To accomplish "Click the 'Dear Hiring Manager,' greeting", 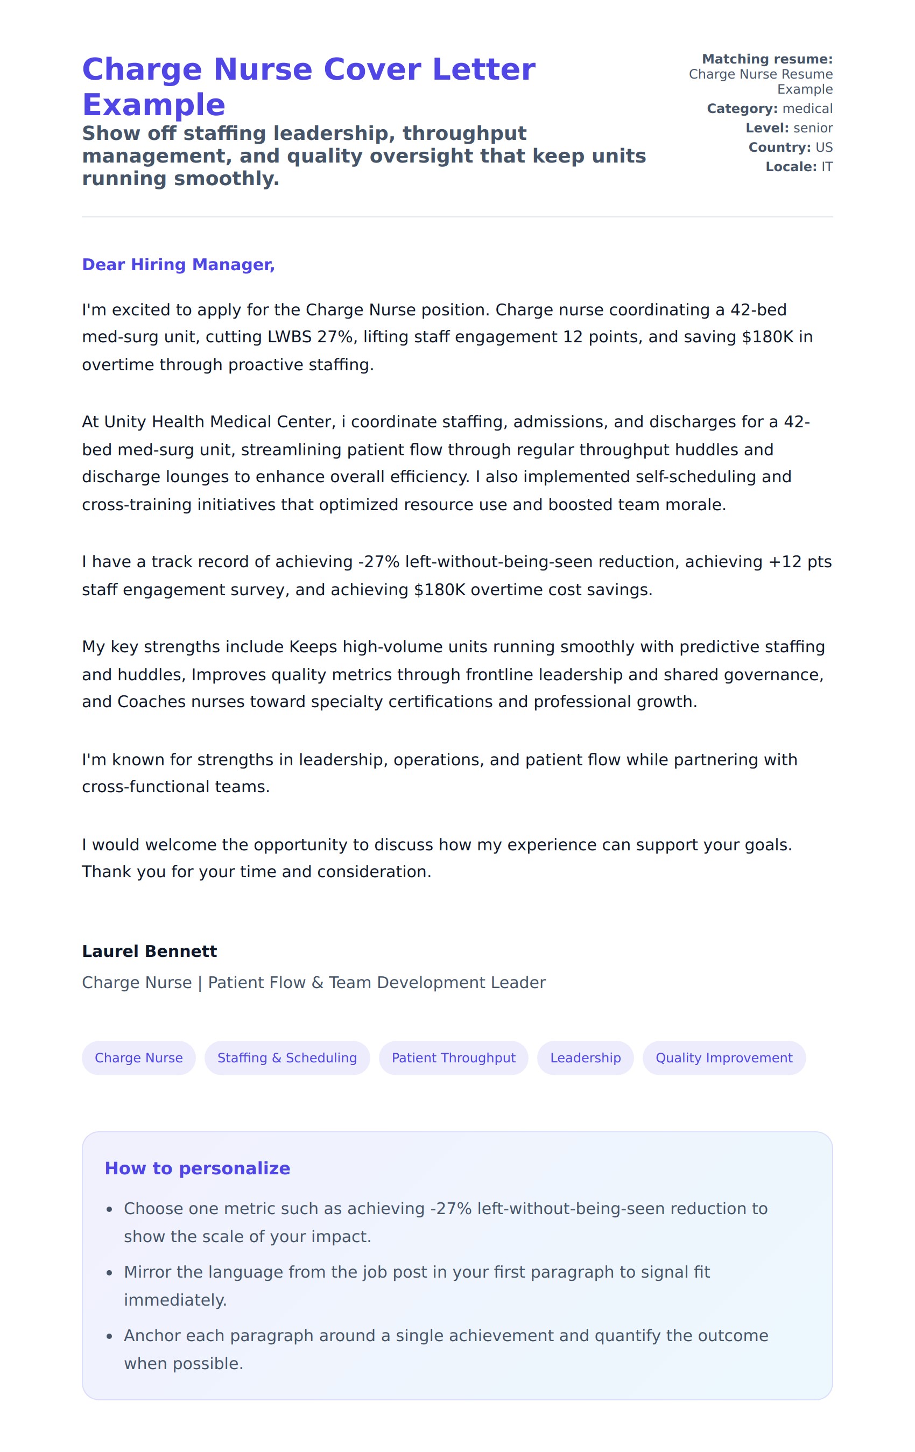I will coord(178,265).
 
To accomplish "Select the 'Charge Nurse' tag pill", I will coord(139,1058).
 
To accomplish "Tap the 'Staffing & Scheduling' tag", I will coord(287,1058).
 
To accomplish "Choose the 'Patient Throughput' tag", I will coord(454,1058).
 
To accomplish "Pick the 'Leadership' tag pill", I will coord(585,1058).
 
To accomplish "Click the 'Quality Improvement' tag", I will coord(724,1058).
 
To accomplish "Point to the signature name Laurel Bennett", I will coord(149,951).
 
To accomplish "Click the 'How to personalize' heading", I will coord(197,1168).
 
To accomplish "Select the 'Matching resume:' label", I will coord(767,59).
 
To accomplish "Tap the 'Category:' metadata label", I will coord(742,109).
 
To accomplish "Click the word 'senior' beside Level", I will coord(813,128).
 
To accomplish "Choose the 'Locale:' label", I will coord(791,166).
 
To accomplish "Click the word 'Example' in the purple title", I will coord(154,105).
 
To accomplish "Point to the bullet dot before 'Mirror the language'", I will coord(109,1273).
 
